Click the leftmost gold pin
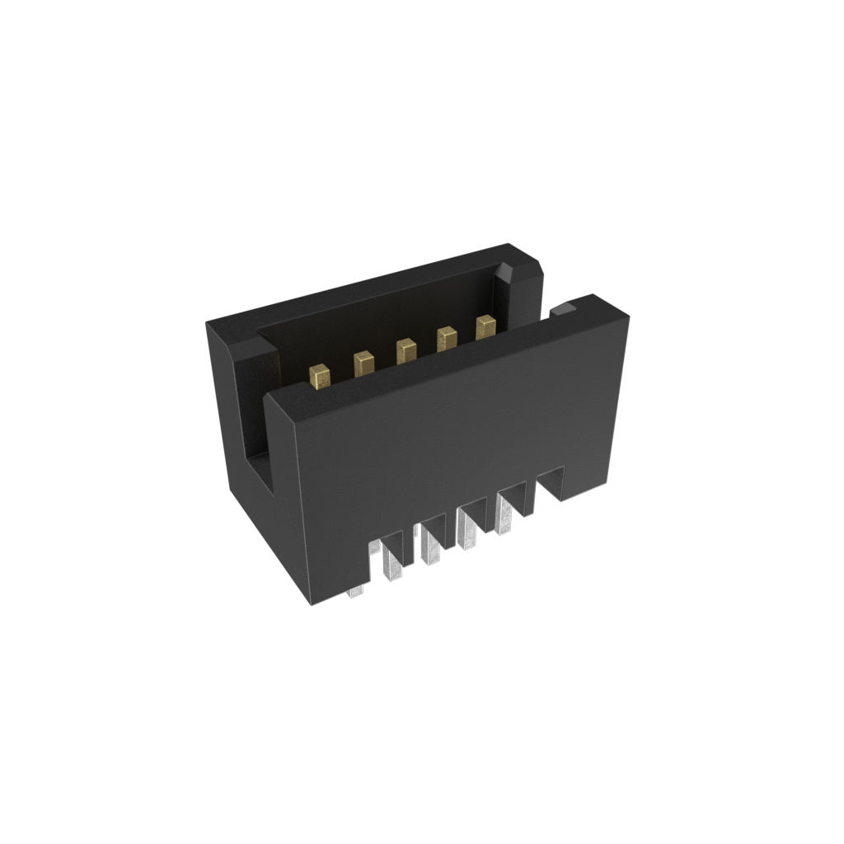pyautogui.click(x=321, y=377)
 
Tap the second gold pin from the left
pyautogui.click(x=363, y=363)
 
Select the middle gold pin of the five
pyautogui.click(x=406, y=351)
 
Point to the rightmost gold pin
pyautogui.click(x=485, y=327)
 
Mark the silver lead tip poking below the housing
pyautogui.click(x=355, y=591)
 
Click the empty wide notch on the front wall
pyautogui.click(x=551, y=483)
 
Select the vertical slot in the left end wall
pyautogui.click(x=256, y=429)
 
